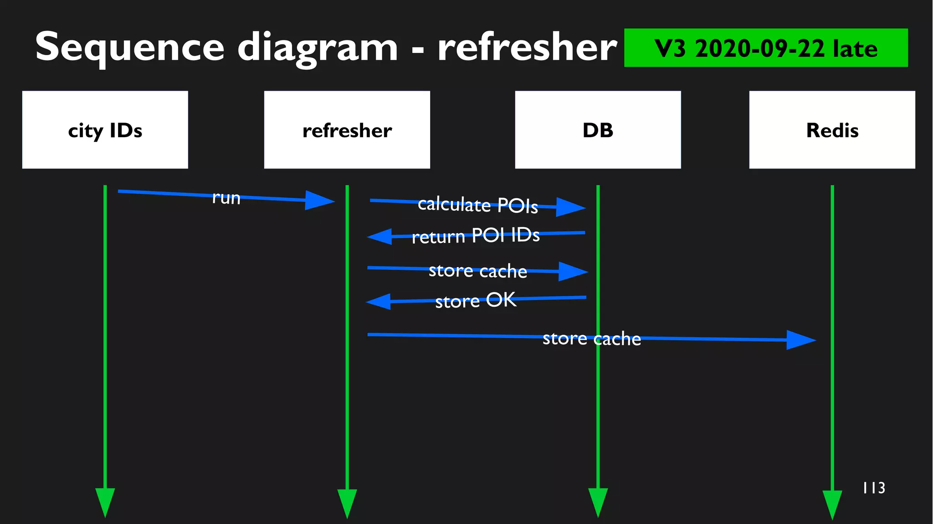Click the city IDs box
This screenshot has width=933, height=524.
[x=105, y=130]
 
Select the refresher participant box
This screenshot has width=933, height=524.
[x=347, y=130]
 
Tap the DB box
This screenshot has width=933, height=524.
[x=598, y=130]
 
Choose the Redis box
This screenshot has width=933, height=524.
[x=832, y=130]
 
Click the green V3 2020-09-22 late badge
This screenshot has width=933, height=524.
[x=765, y=48]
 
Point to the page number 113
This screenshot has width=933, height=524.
[x=874, y=488]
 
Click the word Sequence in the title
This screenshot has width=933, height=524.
[x=130, y=48]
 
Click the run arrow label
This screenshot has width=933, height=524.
[x=226, y=198]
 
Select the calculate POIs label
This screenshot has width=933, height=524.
[x=477, y=205]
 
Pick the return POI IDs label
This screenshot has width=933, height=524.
[x=475, y=236]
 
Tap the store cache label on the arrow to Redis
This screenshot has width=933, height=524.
[x=591, y=339]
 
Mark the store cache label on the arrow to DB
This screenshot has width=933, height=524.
[x=477, y=271]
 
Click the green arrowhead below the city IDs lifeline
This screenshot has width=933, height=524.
[x=105, y=501]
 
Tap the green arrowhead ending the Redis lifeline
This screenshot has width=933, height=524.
[x=832, y=503]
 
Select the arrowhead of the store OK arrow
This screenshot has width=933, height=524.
[x=379, y=302]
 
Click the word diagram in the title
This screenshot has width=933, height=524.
[x=318, y=48]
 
